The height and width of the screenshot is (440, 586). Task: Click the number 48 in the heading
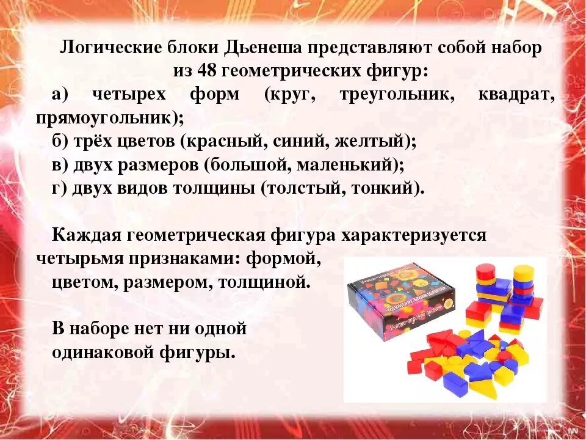207,71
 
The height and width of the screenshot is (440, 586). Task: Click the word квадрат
519,95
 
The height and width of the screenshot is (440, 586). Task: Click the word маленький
350,165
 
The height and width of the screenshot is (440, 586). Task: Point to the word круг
292,95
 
